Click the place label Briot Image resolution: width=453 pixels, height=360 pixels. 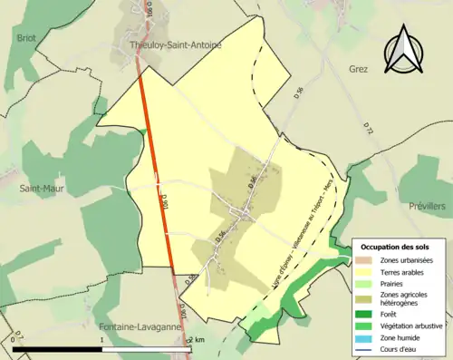[25, 38]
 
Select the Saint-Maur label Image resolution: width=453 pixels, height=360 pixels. [40, 189]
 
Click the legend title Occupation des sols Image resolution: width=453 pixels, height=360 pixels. [396, 247]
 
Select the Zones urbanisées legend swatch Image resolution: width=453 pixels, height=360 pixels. [367, 261]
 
